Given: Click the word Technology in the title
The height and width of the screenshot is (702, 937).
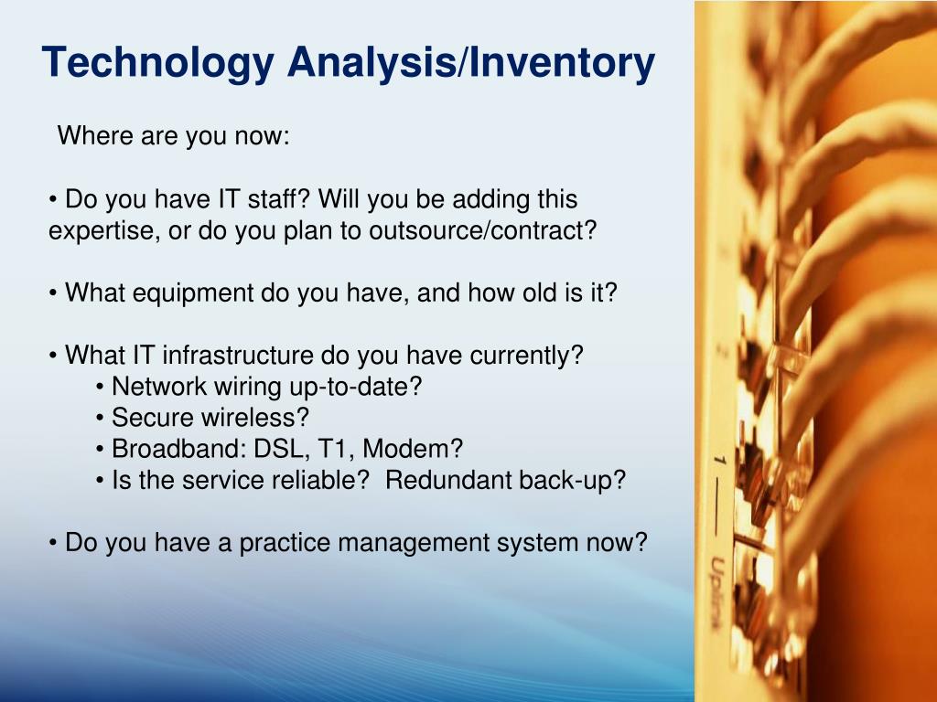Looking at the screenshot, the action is click(x=157, y=63).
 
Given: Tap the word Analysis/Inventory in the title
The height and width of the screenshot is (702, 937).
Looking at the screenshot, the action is click(x=471, y=63).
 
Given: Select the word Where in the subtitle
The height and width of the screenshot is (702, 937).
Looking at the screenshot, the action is click(x=95, y=135).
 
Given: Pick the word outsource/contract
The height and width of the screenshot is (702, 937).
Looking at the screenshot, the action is click(x=482, y=229).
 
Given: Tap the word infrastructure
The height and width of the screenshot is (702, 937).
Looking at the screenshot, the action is click(x=237, y=355).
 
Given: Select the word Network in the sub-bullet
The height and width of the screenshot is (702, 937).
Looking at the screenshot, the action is click(x=159, y=387).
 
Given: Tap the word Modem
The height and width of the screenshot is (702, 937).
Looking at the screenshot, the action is click(x=413, y=448).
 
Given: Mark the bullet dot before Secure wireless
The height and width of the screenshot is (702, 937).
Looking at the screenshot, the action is click(x=99, y=419).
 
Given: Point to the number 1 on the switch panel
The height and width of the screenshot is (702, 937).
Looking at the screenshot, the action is click(x=719, y=460).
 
